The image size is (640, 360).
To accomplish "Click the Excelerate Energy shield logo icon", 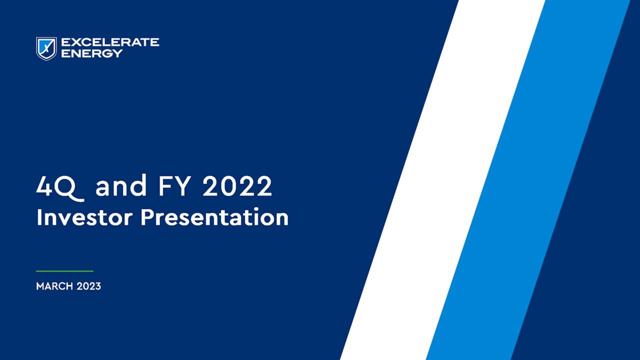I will [x=46, y=48].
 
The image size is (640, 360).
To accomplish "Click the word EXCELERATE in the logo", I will [x=110, y=42].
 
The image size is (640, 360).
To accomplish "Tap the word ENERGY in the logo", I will [x=91, y=53].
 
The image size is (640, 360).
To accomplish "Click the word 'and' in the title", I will [x=121, y=186].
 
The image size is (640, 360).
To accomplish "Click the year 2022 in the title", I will [x=237, y=186].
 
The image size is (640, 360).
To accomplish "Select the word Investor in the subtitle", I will [x=84, y=217].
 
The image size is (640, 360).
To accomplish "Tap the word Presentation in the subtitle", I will [x=214, y=218].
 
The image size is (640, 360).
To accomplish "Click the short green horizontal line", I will [x=64, y=271].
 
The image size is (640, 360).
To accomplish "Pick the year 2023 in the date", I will [x=89, y=286].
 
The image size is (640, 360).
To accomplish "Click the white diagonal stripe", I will [x=440, y=180].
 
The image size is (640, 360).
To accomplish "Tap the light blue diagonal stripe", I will [x=525, y=180].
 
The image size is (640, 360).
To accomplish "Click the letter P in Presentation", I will [x=147, y=217].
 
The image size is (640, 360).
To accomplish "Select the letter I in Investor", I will [x=39, y=217].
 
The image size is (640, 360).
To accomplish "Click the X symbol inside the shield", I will [x=46, y=48].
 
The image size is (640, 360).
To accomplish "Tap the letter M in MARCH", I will [x=40, y=286].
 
